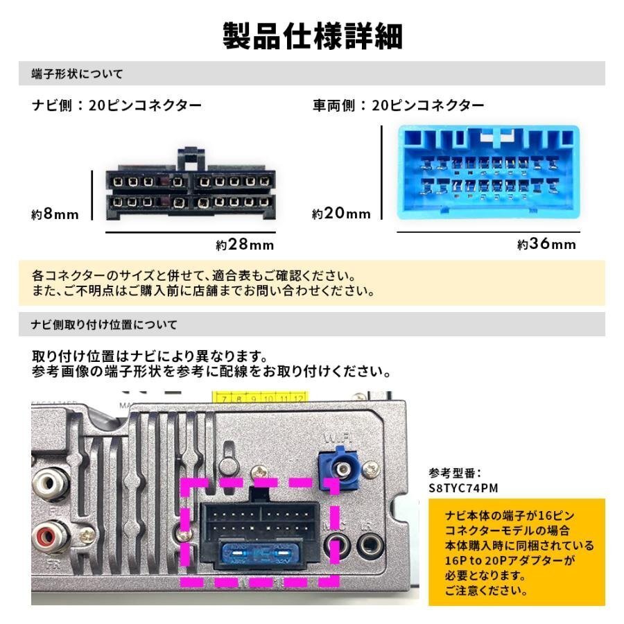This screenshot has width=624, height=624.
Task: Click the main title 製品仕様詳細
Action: pyautogui.click(x=312, y=37)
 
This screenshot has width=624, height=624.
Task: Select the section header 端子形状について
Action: pyautogui.click(x=78, y=73)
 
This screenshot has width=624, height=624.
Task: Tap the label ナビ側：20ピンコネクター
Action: pyautogui.click(x=117, y=106)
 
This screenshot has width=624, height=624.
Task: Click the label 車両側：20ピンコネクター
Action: pyautogui.click(x=399, y=106)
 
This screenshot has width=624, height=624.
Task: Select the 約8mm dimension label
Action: pyautogui.click(x=55, y=215)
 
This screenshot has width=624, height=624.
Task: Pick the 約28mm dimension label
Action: pyautogui.click(x=245, y=245)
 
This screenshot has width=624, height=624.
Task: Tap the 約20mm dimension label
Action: pyautogui.click(x=341, y=214)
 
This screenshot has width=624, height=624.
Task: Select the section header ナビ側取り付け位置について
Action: pyautogui.click(x=105, y=324)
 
